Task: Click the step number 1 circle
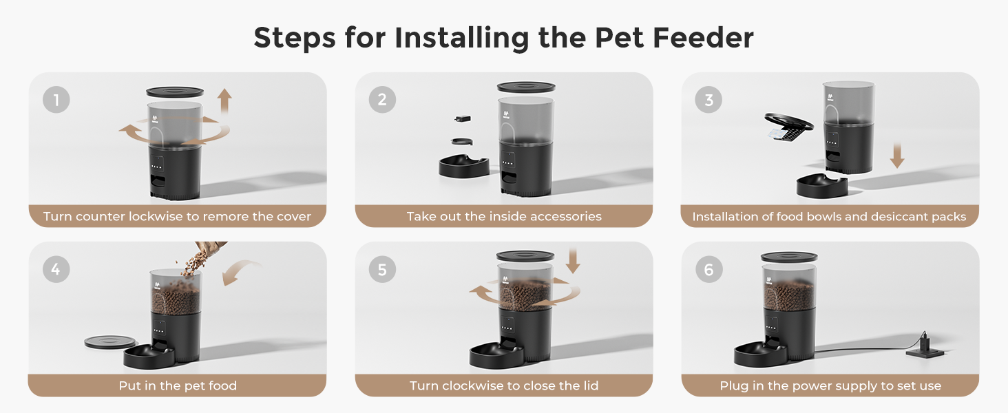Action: click(x=56, y=100)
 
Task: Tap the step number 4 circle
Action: click(x=56, y=269)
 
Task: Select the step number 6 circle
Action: click(x=708, y=269)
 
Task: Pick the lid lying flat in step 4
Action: click(x=110, y=341)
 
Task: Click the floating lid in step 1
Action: click(x=175, y=92)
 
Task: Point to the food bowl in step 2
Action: click(x=463, y=166)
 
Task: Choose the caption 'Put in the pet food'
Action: click(x=177, y=385)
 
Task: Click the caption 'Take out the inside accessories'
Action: click(x=503, y=216)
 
